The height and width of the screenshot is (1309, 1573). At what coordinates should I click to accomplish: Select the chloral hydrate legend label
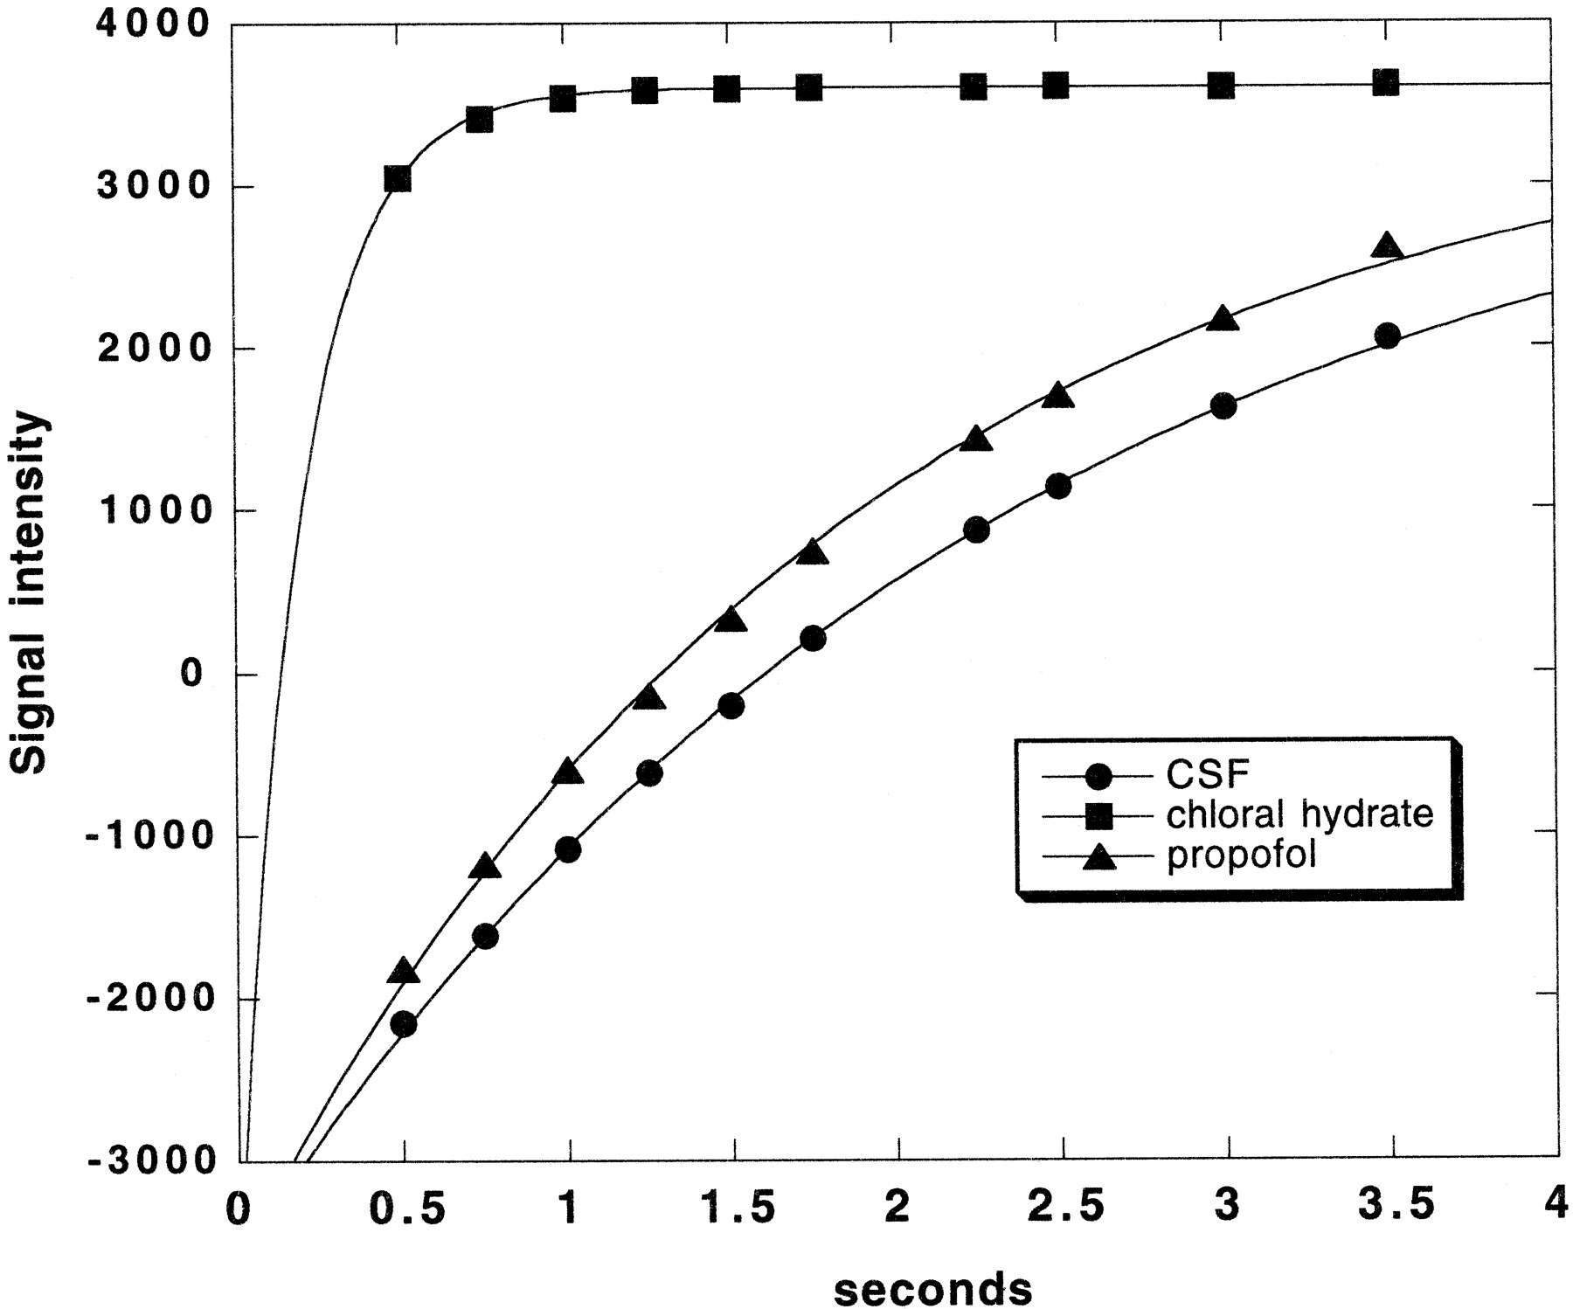point(1299,814)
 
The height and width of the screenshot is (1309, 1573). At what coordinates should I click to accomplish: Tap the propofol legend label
point(1241,855)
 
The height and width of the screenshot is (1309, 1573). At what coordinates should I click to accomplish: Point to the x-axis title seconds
point(932,1287)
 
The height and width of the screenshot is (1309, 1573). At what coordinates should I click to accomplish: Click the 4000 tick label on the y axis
point(152,24)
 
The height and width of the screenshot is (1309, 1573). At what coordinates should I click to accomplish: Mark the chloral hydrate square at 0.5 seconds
point(398,179)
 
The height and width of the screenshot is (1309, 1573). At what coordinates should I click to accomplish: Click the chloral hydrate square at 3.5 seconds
point(1386,84)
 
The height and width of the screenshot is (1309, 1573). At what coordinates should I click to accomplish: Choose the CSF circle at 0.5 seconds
point(404,1024)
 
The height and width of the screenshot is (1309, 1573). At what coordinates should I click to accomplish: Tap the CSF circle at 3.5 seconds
point(1387,336)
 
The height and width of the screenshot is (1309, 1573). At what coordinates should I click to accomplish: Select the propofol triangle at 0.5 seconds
point(403,970)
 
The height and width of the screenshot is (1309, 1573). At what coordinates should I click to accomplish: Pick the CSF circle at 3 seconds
point(1223,406)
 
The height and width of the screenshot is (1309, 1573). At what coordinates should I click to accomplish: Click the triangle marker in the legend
point(1100,858)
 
